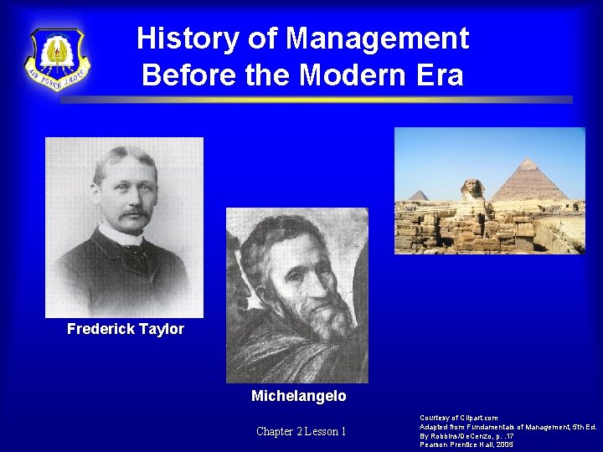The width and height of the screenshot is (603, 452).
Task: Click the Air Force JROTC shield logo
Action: (58, 59)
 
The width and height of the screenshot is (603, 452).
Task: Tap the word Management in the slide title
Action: (377, 39)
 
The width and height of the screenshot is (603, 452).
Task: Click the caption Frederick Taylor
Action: (126, 329)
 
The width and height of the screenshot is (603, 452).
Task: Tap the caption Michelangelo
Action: (299, 395)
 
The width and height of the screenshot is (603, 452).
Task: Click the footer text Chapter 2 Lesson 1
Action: (301, 431)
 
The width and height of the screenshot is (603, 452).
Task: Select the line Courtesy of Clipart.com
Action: (459, 418)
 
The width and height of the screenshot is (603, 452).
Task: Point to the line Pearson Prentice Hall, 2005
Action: (466, 444)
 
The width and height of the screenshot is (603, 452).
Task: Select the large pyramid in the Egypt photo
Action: (530, 181)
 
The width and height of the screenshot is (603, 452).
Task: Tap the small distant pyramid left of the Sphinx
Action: (419, 196)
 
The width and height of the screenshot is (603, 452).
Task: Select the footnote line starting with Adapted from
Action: (508, 427)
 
